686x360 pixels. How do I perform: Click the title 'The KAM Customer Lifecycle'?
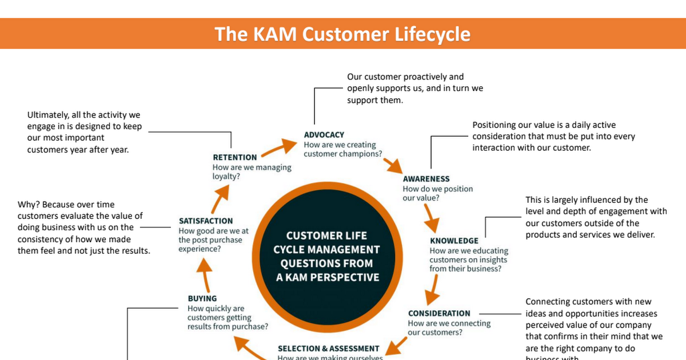[x=342, y=34]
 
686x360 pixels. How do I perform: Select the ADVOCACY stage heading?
[x=324, y=135]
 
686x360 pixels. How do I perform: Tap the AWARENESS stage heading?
[x=426, y=179]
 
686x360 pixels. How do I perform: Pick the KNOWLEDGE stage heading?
[x=454, y=241]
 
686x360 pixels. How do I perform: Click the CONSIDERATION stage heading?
[x=439, y=313]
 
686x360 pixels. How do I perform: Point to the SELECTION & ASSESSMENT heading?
[x=328, y=348]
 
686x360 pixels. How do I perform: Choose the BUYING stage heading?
[x=202, y=298]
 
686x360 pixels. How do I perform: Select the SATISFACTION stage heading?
[x=206, y=221]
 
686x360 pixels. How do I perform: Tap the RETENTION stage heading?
[x=235, y=157]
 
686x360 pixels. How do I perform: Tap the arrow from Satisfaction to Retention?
[x=222, y=197]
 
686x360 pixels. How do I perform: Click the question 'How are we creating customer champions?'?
[x=343, y=149]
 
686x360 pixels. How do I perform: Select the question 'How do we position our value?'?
[x=438, y=193]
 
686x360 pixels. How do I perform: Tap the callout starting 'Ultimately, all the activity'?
[x=84, y=133]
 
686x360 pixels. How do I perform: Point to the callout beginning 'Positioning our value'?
[x=553, y=136]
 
